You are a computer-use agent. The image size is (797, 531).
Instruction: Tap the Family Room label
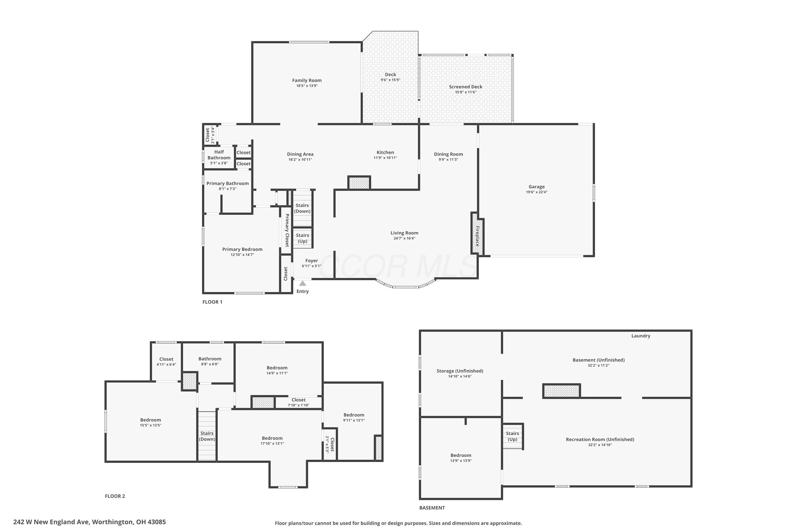coord(307,80)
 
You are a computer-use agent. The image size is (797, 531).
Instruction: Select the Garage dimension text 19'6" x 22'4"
coord(537,192)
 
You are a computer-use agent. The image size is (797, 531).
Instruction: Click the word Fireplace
coord(477,236)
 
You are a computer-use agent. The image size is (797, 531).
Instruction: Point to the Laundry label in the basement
coord(641,336)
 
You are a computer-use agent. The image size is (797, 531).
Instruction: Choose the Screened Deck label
coord(466,87)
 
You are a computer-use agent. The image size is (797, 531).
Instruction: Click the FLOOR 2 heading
coord(115,496)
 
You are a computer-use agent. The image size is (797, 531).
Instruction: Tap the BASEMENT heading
coord(432,508)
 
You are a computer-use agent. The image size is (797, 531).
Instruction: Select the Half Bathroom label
coord(219,155)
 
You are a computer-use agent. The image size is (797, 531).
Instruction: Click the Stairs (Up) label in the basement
coord(512,436)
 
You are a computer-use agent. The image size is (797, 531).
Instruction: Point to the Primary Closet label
coord(287,230)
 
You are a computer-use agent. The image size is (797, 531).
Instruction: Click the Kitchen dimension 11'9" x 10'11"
coord(385,158)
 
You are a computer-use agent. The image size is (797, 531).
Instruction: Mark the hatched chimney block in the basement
coord(562,391)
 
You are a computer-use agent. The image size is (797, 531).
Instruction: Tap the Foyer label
coord(311,261)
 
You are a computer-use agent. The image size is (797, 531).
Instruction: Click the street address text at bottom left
coord(90,522)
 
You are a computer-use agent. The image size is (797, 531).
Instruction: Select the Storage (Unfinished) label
coord(460,371)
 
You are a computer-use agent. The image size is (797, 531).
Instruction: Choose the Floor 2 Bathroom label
coord(210,359)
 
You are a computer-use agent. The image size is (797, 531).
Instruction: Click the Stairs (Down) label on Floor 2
coord(207,436)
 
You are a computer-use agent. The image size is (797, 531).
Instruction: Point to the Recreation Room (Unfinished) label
coord(600,440)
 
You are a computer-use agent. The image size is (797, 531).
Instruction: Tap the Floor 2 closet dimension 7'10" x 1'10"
coord(299,405)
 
